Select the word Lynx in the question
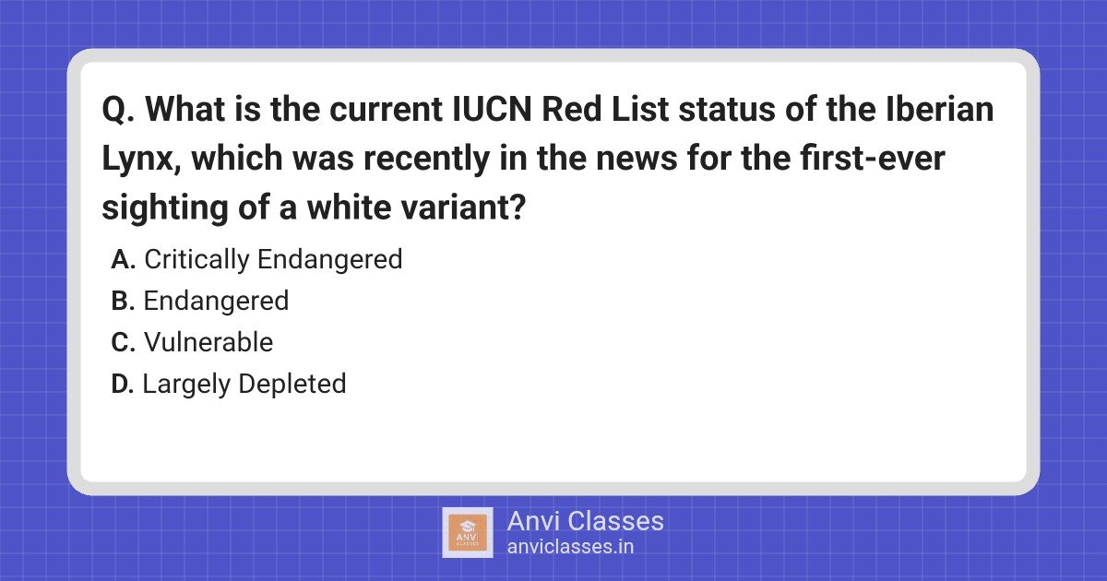coord(138,160)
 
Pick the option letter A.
coord(124,260)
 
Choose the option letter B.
coord(124,302)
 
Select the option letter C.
coord(124,343)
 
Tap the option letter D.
coord(124,385)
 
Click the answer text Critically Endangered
coord(273,260)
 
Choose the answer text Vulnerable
coord(208,343)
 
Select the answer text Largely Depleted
coord(244,385)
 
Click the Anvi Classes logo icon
coord(467,532)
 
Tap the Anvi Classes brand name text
coord(585,521)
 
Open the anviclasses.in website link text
coord(570,547)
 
